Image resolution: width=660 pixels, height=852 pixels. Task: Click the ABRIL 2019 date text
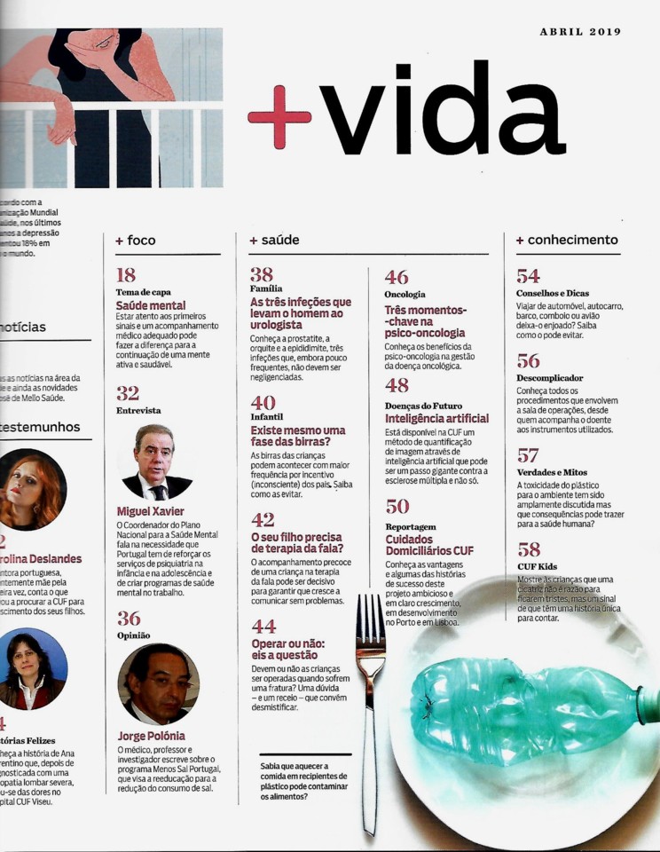pyautogui.click(x=580, y=32)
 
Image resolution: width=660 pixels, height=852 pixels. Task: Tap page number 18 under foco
pyautogui.click(x=126, y=275)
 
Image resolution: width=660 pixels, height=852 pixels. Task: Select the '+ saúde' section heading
pyautogui.click(x=274, y=241)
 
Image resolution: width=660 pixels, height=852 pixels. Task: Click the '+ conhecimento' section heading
pyautogui.click(x=567, y=241)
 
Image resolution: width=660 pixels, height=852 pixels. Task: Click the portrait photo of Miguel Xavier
pyautogui.click(x=156, y=462)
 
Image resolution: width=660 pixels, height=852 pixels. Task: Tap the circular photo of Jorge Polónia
pyautogui.click(x=158, y=683)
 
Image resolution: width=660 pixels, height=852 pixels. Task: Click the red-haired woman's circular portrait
pyautogui.click(x=33, y=491)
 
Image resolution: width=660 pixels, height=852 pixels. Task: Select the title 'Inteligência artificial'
pyautogui.click(x=436, y=418)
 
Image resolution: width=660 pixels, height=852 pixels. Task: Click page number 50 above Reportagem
pyautogui.click(x=397, y=507)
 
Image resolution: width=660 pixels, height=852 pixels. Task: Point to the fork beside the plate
pyautogui.click(x=370, y=701)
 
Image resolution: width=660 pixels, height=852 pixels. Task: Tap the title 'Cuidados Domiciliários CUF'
pyautogui.click(x=429, y=543)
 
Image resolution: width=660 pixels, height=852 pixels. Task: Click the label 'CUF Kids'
pyautogui.click(x=537, y=567)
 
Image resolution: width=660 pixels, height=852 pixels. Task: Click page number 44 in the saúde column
pyautogui.click(x=263, y=627)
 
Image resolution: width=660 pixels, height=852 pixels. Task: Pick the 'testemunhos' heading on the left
pyautogui.click(x=40, y=427)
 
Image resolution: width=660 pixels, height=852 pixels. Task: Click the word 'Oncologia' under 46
pyautogui.click(x=405, y=294)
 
